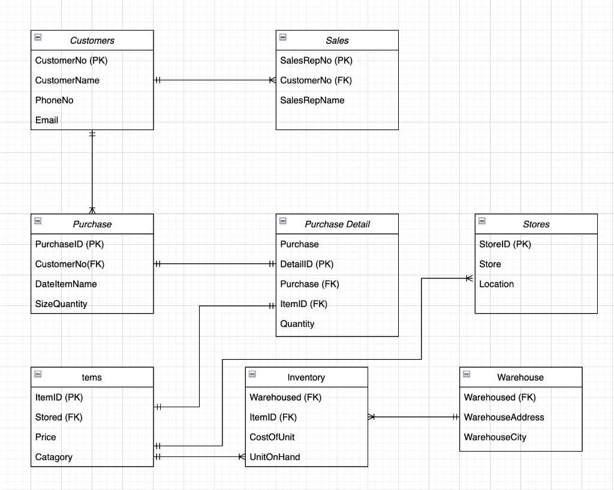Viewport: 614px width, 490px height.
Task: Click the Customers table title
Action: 92,41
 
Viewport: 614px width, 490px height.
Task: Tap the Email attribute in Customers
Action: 47,120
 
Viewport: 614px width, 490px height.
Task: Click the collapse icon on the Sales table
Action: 283,37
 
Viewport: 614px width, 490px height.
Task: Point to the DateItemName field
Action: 66,284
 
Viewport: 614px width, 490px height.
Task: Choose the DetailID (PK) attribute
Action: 306,264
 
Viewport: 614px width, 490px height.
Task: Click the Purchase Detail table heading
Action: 337,224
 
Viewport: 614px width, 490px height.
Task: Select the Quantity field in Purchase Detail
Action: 297,324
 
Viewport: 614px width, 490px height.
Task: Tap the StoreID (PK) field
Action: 505,244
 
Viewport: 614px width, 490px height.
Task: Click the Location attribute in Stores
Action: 496,284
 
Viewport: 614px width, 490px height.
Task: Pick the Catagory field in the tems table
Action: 54,457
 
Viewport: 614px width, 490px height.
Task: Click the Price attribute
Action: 46,437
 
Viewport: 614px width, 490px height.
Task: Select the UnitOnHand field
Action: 275,457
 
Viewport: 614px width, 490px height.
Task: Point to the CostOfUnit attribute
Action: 272,437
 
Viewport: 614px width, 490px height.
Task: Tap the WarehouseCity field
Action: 495,437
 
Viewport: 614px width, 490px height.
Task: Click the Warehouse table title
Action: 520,378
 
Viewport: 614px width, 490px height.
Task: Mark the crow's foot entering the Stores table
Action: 469,278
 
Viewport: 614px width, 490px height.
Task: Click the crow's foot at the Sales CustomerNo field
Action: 272,80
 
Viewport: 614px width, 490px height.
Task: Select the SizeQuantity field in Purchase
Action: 61,304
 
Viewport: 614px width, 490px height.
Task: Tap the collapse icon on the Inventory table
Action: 252,374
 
